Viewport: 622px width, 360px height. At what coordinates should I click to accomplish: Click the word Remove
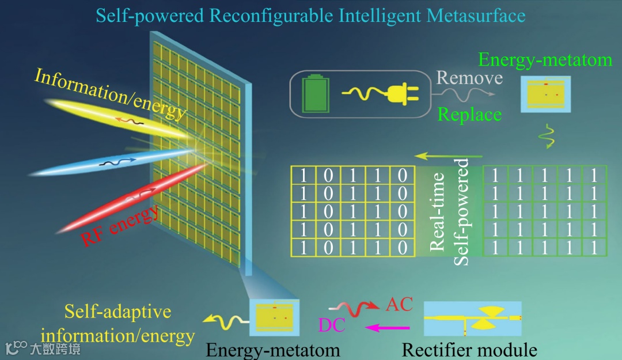coord(469,78)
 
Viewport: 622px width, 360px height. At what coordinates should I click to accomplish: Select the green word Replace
coord(469,115)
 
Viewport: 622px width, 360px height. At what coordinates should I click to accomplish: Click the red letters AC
coord(400,304)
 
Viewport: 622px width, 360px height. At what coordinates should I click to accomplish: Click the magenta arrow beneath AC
coord(388,328)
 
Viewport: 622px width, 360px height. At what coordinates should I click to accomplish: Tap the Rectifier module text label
coord(469,350)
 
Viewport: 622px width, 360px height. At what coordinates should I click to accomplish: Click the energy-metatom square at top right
coord(545,93)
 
